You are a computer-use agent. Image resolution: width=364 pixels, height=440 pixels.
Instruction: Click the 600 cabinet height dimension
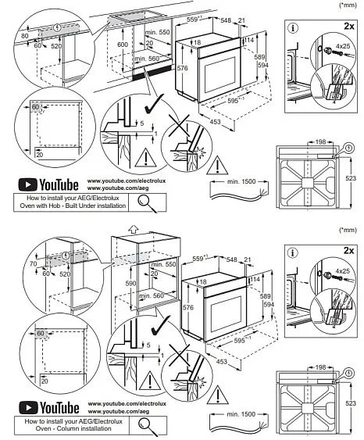(x=121, y=45)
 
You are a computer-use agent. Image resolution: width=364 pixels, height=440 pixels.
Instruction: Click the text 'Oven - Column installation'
(x=73, y=428)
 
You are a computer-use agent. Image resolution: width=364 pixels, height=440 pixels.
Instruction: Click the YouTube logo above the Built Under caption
(x=48, y=185)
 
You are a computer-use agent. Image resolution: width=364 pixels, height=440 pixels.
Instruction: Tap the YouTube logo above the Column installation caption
(x=48, y=408)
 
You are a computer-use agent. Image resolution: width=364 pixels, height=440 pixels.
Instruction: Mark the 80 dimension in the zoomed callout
(x=25, y=36)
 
